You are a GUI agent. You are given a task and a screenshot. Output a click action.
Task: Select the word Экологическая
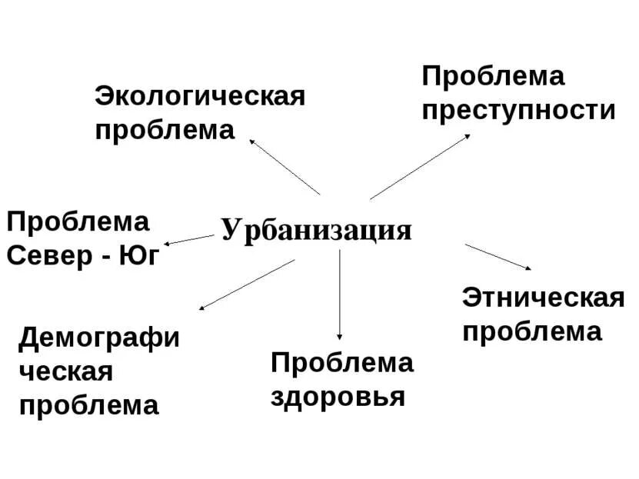(x=200, y=98)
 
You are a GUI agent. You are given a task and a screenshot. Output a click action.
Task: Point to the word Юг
(x=139, y=255)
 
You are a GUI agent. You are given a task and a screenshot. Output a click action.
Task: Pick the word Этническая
(x=543, y=298)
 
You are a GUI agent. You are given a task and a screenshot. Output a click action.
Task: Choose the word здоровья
(x=338, y=397)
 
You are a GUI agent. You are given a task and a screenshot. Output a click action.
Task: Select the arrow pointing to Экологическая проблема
(x=284, y=166)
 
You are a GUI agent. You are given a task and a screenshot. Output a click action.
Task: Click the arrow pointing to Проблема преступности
(x=420, y=167)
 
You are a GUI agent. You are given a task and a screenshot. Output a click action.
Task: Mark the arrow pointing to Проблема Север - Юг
(x=189, y=240)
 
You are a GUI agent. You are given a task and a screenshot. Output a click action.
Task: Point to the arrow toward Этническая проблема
(x=498, y=257)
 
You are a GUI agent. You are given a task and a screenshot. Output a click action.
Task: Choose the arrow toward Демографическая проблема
(x=247, y=284)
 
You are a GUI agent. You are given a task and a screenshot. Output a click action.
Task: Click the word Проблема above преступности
(x=493, y=77)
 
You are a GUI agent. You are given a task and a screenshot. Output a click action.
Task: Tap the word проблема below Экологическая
(x=165, y=130)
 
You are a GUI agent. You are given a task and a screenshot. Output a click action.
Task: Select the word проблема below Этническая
(x=531, y=331)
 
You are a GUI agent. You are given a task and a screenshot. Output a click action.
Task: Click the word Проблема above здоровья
(x=341, y=363)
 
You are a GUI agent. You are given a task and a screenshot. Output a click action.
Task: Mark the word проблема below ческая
(x=88, y=405)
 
